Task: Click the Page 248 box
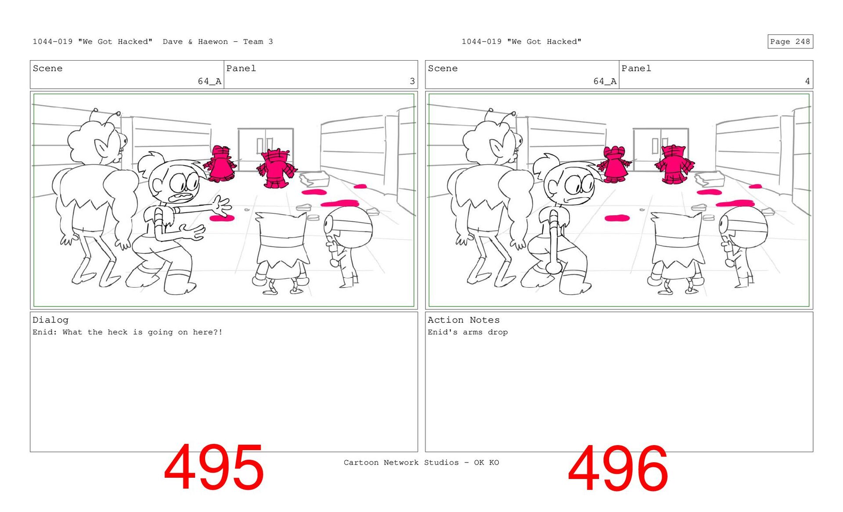(x=790, y=42)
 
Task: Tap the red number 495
(x=214, y=467)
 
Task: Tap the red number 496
(x=618, y=468)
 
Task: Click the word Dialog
(x=50, y=320)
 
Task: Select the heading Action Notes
(x=464, y=320)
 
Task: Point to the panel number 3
(x=412, y=81)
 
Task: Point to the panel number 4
(x=807, y=81)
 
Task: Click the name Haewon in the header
(x=213, y=42)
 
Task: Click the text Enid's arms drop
(x=468, y=332)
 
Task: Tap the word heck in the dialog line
(x=118, y=332)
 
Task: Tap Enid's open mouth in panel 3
(x=182, y=197)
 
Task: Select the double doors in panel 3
(x=266, y=148)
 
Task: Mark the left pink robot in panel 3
(x=220, y=164)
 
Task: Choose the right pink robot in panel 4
(x=674, y=165)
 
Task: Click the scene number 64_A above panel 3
(x=209, y=81)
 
